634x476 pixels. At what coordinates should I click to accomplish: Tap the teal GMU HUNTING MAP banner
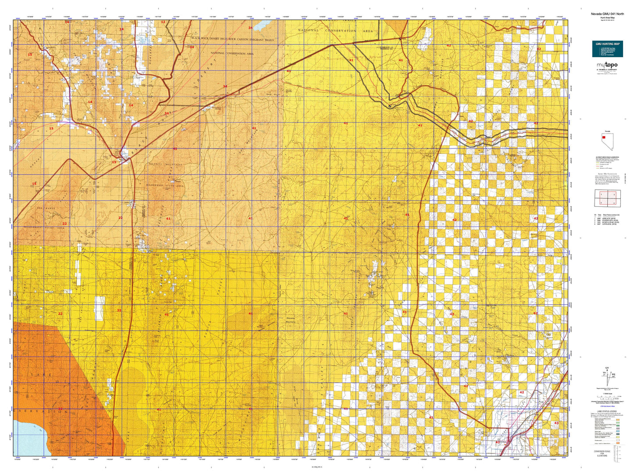[607, 48]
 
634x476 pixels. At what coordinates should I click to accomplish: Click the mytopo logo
[607, 66]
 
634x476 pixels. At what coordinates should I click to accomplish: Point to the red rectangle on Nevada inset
[604, 137]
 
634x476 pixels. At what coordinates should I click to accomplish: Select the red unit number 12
[163, 22]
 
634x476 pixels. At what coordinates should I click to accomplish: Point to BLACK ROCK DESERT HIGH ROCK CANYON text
[233, 40]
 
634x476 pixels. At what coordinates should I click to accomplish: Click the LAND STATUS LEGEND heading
[607, 411]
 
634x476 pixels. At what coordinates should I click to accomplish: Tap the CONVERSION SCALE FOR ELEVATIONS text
[602, 453]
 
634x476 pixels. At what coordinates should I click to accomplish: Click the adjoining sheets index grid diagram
[607, 198]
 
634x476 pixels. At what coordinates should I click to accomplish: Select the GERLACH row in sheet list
[607, 218]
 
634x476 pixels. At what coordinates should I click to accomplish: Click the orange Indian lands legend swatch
[618, 443]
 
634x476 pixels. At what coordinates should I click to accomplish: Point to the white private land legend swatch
[618, 440]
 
